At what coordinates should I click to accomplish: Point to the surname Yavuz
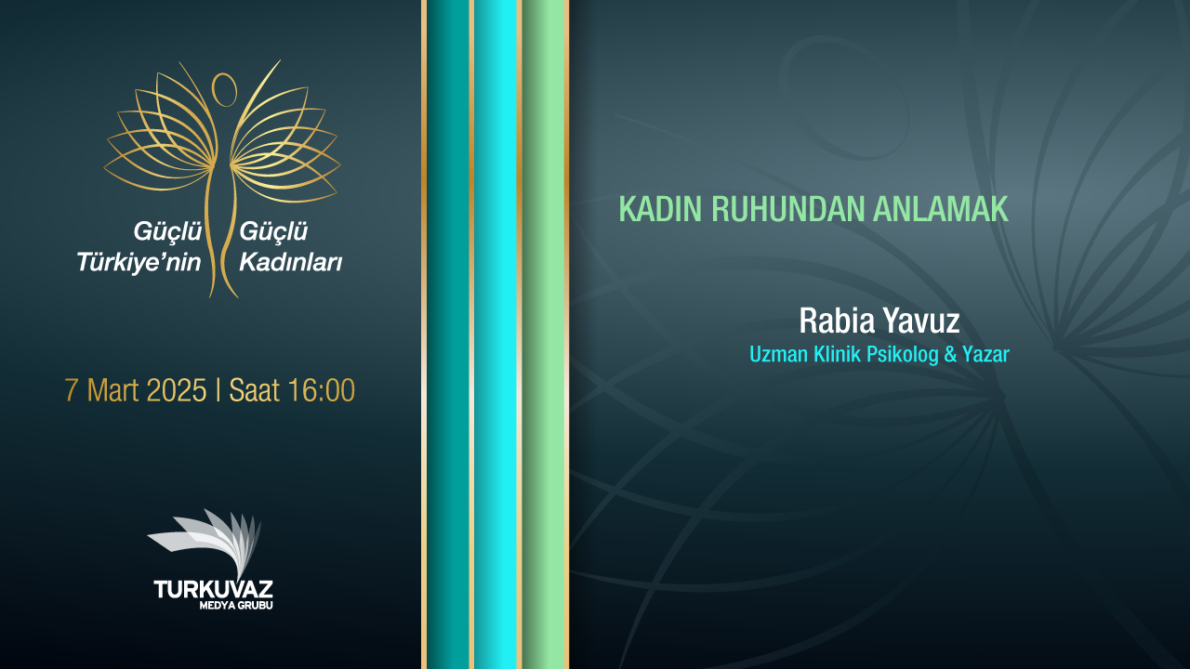(x=920, y=321)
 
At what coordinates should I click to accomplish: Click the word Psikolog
(x=902, y=355)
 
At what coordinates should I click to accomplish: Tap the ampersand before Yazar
(x=950, y=354)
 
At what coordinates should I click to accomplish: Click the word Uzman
(x=779, y=354)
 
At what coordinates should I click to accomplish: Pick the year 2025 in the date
(x=176, y=390)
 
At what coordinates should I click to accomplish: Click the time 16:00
(x=321, y=390)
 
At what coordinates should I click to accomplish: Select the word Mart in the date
(x=112, y=390)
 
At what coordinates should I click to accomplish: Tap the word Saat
(x=254, y=390)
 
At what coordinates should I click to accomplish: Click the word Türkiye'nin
(x=139, y=262)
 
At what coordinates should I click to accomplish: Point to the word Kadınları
(x=291, y=262)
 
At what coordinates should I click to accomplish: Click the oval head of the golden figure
(x=224, y=89)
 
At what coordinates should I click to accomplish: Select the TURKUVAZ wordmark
(x=213, y=589)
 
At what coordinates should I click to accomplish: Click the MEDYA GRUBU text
(x=236, y=605)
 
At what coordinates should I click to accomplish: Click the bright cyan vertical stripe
(x=496, y=334)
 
